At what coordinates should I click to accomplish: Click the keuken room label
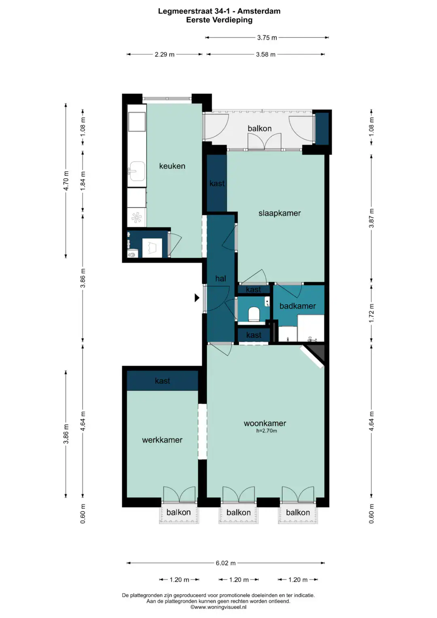[172, 166]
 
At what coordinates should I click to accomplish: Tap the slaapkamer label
[280, 213]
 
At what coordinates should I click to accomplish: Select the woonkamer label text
[265, 423]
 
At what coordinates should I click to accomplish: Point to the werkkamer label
[162, 440]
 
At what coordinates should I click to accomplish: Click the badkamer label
[298, 306]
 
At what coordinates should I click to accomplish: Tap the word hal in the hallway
[221, 279]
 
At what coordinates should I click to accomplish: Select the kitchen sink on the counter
[136, 171]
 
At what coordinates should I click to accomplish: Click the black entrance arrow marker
[197, 298]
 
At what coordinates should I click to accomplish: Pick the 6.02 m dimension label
[226, 563]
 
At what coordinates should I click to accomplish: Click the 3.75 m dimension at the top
[267, 38]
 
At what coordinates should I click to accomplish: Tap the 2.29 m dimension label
[164, 54]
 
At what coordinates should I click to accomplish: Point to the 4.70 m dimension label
[66, 181]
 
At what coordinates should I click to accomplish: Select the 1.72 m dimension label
[371, 313]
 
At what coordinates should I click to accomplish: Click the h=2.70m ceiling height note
[267, 431]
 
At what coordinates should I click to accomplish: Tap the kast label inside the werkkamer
[163, 381]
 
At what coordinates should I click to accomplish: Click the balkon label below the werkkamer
[178, 512]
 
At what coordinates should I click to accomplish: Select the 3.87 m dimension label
[371, 218]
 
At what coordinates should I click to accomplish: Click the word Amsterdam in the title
[259, 11]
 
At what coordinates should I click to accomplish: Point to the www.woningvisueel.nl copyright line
[218, 607]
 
